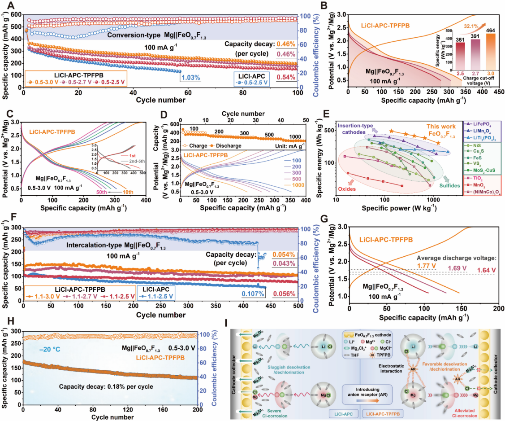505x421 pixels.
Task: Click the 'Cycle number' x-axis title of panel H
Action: pos(111,417)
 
